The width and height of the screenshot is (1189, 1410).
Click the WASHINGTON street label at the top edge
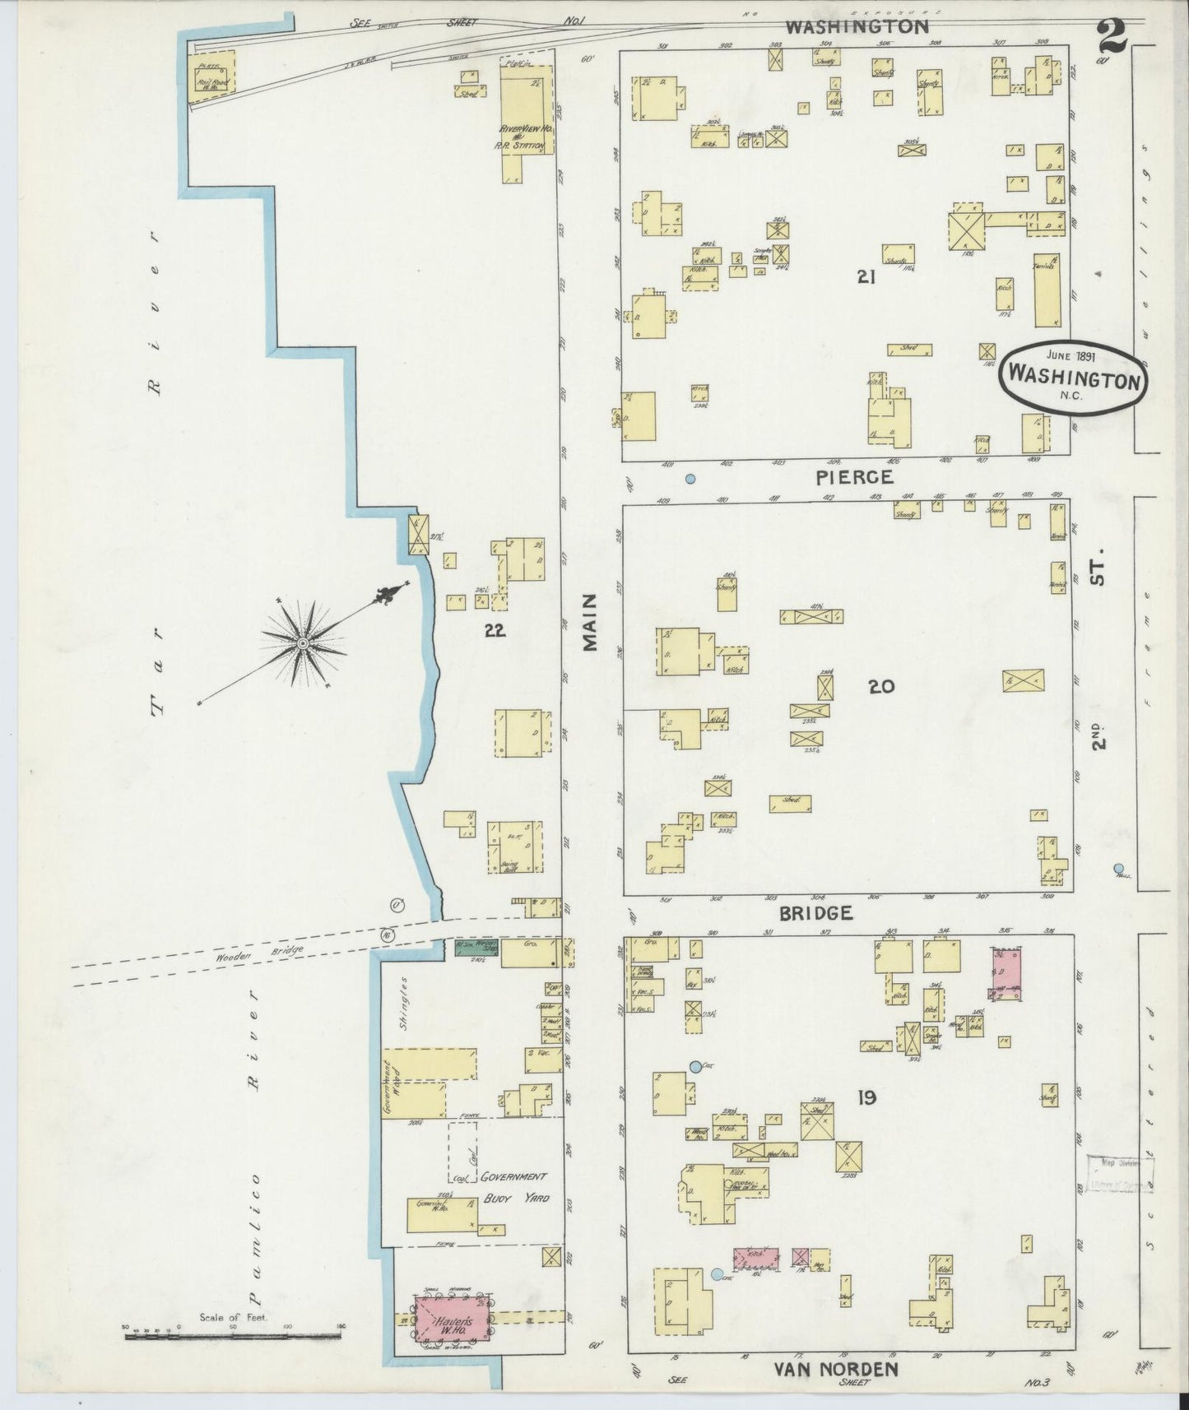pyautogui.click(x=857, y=26)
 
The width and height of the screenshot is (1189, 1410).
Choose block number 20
pyautogui.click(x=880, y=686)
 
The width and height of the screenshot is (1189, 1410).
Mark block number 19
pyautogui.click(x=866, y=1097)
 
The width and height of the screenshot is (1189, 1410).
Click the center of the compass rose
pyautogui.click(x=303, y=642)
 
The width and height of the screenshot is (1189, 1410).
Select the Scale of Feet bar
pyautogui.click(x=233, y=1338)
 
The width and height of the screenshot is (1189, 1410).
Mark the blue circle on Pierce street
pyautogui.click(x=690, y=478)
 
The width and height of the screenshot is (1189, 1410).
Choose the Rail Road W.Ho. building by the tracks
pyautogui.click(x=211, y=77)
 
